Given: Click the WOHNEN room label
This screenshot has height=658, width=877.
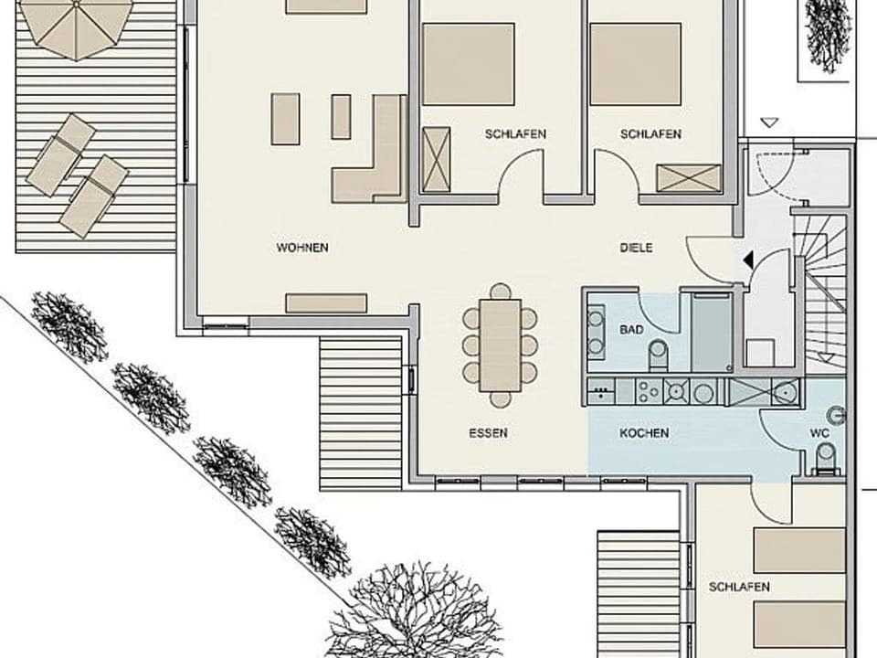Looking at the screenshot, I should (302, 248).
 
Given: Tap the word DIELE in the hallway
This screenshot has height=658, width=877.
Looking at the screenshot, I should (636, 248).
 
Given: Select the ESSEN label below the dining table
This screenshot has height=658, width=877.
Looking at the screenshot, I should (489, 433).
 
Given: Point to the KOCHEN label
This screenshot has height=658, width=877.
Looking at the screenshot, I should (644, 433).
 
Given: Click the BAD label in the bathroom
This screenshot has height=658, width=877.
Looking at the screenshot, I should (631, 329).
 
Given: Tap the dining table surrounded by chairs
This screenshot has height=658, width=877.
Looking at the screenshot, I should (500, 345).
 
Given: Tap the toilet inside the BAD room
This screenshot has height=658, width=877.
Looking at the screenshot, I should (658, 355).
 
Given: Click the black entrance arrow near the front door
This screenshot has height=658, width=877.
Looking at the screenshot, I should (748, 261).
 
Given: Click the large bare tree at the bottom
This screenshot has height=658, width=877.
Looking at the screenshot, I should (416, 612).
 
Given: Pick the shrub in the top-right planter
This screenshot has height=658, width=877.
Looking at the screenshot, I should (828, 34).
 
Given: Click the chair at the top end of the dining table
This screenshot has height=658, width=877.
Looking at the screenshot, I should (500, 292).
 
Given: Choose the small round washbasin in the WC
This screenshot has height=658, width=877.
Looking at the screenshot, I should (836, 416).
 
